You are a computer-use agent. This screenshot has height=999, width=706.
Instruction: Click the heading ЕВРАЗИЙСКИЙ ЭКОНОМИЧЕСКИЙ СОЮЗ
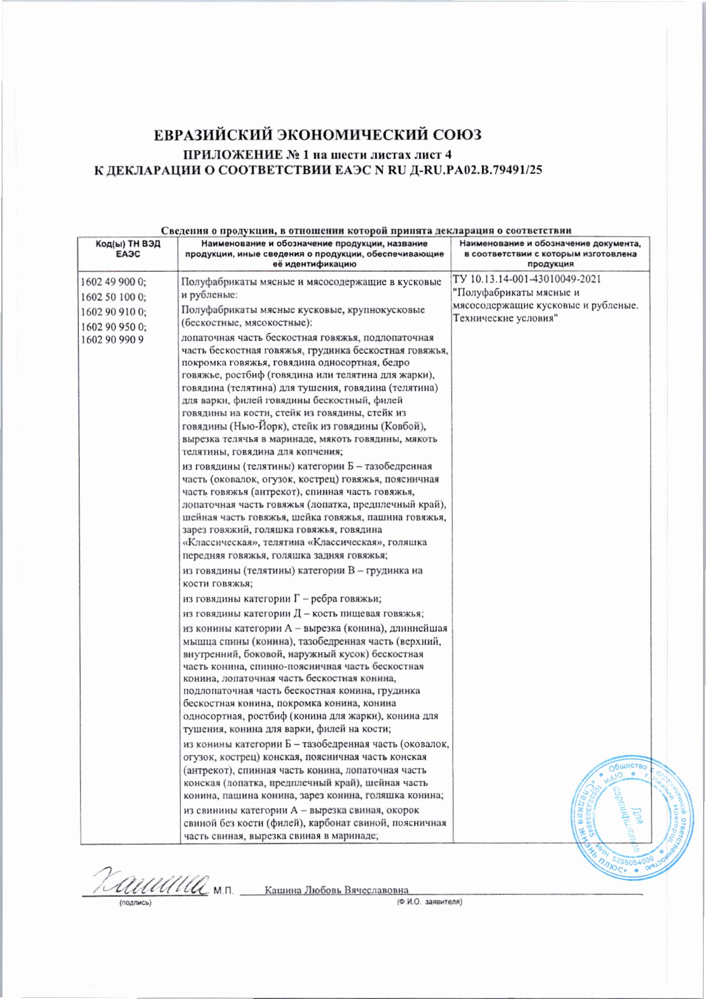coord(318,135)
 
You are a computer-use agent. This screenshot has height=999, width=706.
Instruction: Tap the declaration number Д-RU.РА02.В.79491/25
coord(475,170)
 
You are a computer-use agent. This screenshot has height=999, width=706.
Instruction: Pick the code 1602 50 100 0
coord(113,297)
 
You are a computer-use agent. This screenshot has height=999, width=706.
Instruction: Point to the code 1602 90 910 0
coord(113,311)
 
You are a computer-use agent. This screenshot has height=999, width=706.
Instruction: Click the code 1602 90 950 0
coord(113,327)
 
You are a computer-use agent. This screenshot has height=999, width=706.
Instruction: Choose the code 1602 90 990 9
coord(112,340)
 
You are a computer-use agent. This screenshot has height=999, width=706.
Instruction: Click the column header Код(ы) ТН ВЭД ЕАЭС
coord(127,249)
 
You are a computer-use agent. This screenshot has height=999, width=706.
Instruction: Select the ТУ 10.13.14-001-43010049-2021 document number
coord(527,279)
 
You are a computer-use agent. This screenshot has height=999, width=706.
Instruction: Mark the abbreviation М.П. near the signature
coord(224,891)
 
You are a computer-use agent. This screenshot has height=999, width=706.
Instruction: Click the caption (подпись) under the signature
coord(135,902)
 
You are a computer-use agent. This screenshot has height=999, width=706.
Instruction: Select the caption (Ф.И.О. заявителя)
coord(429,902)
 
